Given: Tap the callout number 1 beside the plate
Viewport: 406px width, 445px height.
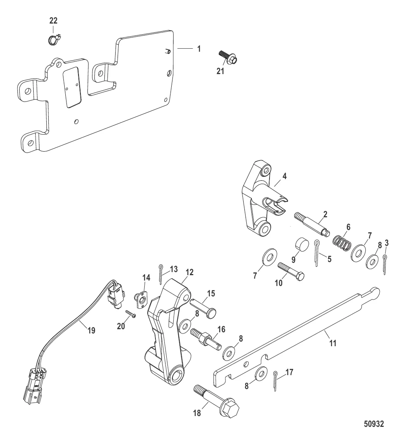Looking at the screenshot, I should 199,49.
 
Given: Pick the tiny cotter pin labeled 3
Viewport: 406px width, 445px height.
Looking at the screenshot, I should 385,264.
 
